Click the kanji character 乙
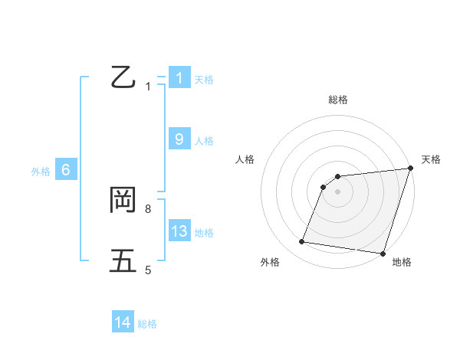123,78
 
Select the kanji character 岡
123,201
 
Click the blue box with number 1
179,78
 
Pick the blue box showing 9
179,139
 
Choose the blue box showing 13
179,231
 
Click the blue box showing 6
66,170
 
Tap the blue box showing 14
123,323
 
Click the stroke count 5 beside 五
148,270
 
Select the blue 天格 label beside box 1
204,79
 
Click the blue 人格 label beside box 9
204,141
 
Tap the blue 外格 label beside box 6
41,172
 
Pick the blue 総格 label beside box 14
147,324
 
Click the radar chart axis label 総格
338,100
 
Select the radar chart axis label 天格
431,159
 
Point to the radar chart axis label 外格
270,262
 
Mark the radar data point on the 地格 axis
383,253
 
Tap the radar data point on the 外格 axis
302,242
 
